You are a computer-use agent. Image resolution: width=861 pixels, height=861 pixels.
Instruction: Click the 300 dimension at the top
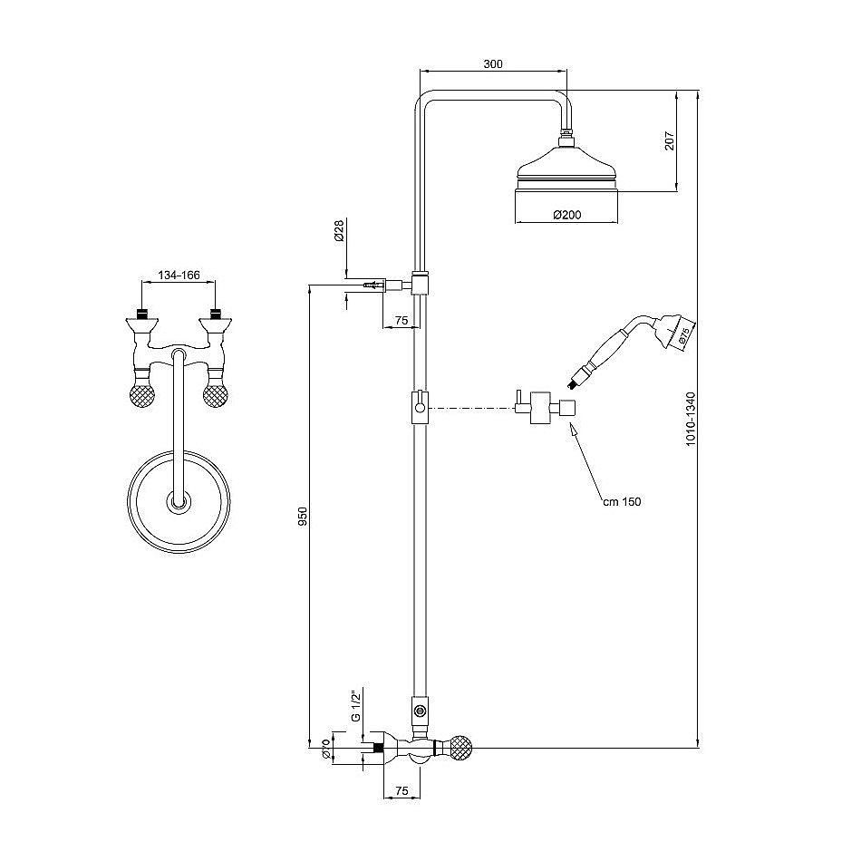(x=492, y=64)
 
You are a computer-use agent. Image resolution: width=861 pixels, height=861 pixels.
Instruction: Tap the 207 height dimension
(x=669, y=141)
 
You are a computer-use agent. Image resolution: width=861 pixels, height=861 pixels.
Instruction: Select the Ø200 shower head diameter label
(x=566, y=216)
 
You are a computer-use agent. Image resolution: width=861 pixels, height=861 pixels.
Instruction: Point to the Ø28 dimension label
(x=339, y=230)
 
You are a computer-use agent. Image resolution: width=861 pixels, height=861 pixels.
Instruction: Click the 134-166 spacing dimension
(x=179, y=276)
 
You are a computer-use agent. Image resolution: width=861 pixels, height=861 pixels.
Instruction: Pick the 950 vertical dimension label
(x=303, y=517)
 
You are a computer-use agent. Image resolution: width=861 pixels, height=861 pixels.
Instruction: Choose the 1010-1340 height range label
(x=691, y=419)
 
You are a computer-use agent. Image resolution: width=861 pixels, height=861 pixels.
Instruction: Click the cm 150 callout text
(x=622, y=501)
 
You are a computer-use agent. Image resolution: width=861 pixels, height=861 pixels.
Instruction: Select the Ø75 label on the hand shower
(x=683, y=335)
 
